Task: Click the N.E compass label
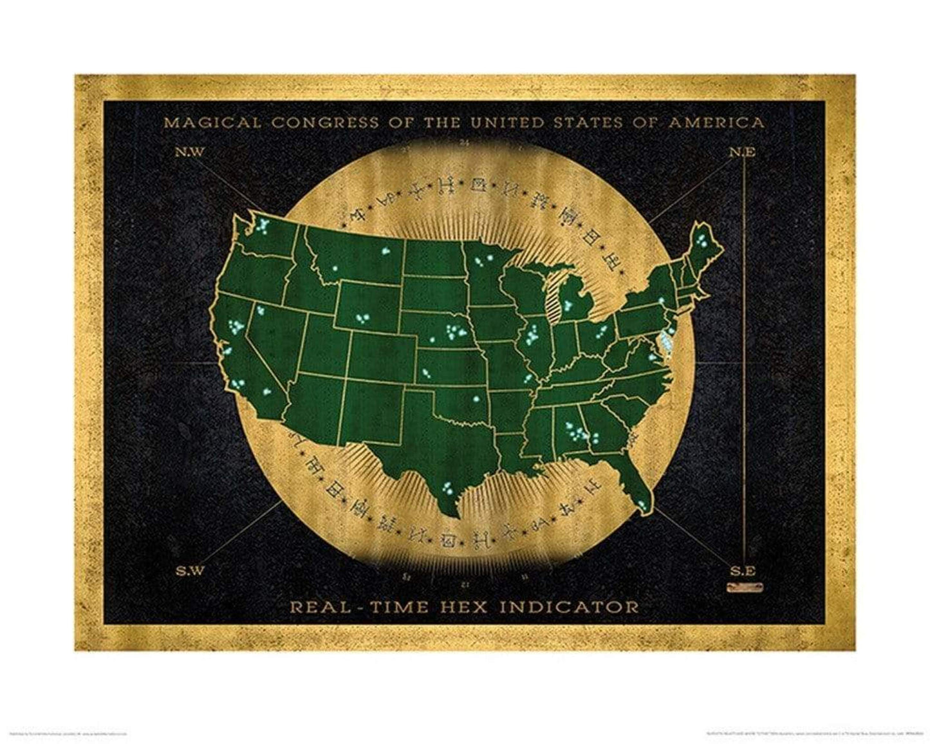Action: click(741, 153)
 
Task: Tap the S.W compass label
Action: click(188, 570)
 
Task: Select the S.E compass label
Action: click(742, 570)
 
